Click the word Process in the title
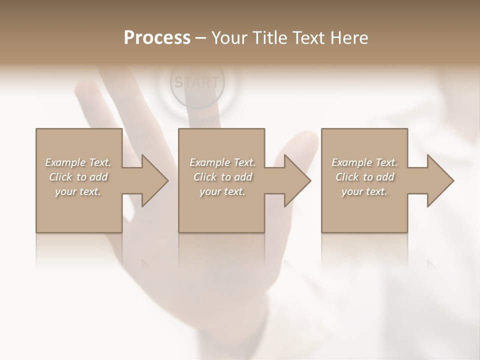pos(157,38)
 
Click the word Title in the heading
pos(269,38)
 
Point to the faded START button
pos(197,82)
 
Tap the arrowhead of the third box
pos(439,180)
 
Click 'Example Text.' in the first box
pos(78,162)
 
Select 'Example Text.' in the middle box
pos(222,162)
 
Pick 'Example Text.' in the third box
pos(364,162)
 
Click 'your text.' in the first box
pos(78,191)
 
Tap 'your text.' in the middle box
pos(222,191)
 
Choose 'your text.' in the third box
pos(364,191)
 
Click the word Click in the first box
pos(60,177)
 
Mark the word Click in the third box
pos(347,177)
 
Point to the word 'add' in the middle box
pos(243,177)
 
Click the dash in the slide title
pos(200,38)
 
